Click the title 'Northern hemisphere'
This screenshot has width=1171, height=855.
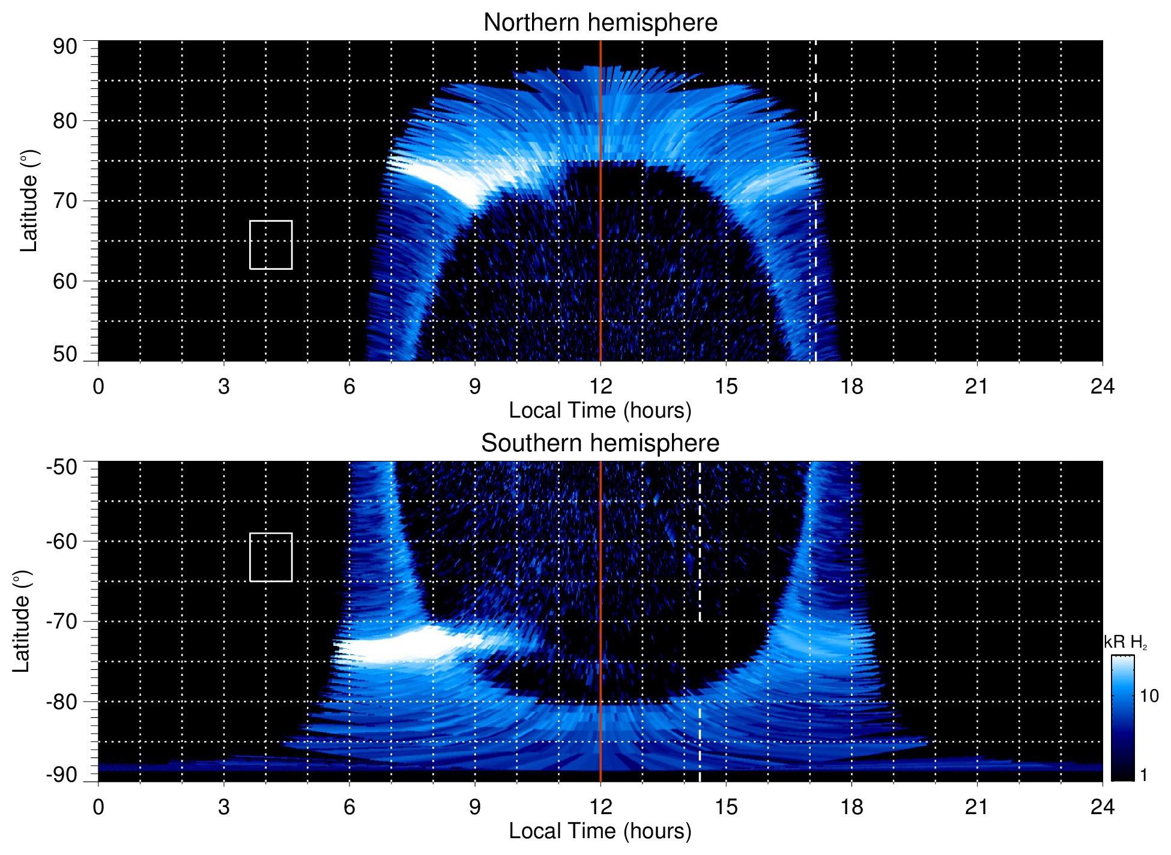pos(600,23)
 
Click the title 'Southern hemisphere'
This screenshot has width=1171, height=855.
pos(600,443)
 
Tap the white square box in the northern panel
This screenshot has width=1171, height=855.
pos(271,245)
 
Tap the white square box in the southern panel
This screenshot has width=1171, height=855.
pos(271,557)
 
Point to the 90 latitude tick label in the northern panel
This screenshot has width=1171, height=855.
pos(65,47)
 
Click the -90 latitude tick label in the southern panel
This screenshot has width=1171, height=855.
pos(62,774)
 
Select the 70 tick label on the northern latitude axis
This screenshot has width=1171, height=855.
pos(65,201)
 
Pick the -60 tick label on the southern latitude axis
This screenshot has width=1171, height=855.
pos(62,541)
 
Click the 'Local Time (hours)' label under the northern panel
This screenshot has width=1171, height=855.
pos(600,410)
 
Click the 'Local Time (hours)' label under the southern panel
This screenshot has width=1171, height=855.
pos(600,831)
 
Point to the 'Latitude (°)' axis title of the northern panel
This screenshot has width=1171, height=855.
pos(29,201)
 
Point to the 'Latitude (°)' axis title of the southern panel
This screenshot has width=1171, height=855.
pos(21,621)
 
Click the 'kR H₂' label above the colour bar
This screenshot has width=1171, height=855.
pos(1125,642)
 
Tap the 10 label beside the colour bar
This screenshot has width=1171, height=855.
pos(1149,696)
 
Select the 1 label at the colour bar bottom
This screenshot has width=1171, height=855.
pos(1143,774)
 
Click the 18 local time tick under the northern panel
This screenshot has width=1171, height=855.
pos(851,386)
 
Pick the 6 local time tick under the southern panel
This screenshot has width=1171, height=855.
pos(349,807)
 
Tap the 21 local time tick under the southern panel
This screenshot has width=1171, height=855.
pos(976,807)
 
